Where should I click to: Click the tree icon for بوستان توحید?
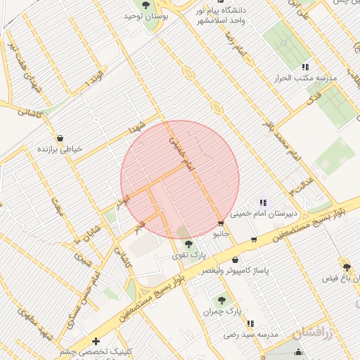146,5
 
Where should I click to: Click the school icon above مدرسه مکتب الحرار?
305,67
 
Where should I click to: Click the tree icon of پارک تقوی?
188,244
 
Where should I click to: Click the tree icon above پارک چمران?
222,300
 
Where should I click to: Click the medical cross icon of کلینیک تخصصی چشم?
96,341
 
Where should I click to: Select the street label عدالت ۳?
301,185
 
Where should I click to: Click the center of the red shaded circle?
180,180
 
